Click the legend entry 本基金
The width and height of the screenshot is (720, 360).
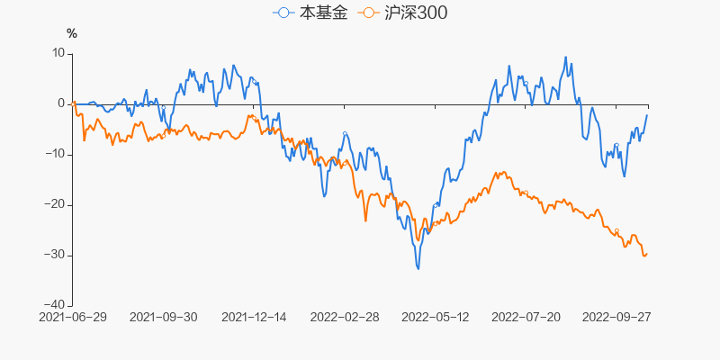click(310, 13)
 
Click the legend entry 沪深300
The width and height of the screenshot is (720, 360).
click(404, 13)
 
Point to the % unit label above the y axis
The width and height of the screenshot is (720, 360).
click(72, 33)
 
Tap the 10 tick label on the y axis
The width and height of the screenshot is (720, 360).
click(59, 54)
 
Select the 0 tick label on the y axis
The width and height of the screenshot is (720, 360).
click(61, 104)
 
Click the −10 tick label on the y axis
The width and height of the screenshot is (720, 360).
click(56, 155)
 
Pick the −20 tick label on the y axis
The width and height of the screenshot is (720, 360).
click(56, 205)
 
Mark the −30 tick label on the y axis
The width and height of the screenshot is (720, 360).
click(56, 256)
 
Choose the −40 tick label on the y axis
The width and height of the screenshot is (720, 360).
click(56, 305)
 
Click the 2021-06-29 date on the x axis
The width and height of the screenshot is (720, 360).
click(73, 318)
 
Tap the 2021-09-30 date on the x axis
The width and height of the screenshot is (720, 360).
click(164, 318)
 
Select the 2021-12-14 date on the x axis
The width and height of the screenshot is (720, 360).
click(254, 318)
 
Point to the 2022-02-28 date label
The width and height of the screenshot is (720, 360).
click(345, 318)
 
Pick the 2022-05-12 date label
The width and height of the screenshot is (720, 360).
click(436, 318)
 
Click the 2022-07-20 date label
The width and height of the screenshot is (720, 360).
click(526, 318)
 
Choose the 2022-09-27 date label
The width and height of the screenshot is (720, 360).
click(616, 318)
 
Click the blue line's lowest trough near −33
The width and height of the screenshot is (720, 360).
click(418, 268)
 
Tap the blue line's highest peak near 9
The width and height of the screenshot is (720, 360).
click(566, 58)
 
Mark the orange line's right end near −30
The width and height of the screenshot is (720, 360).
click(646, 254)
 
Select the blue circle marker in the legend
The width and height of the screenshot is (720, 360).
click(283, 13)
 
